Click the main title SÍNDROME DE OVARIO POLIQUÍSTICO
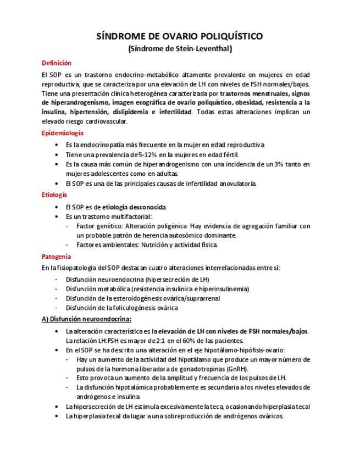(x=180, y=37)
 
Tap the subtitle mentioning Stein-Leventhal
(x=180, y=49)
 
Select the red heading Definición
(x=57, y=63)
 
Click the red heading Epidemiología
(x=63, y=133)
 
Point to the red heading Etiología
(x=54, y=195)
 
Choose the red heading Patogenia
(x=56, y=256)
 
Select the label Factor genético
(x=99, y=226)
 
